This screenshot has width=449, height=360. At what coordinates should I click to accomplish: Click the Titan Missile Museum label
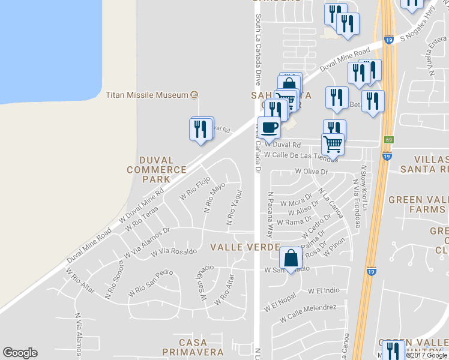pos(147,95)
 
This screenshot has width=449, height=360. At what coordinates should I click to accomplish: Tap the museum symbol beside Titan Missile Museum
pos(194,95)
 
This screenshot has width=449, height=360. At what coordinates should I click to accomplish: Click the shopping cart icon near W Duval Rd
pos(333,143)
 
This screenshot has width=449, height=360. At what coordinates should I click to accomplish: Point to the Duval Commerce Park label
pos(156,170)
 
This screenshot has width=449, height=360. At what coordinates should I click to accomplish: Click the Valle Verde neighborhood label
pos(244,247)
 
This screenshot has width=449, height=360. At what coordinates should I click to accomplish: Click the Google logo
pos(20,353)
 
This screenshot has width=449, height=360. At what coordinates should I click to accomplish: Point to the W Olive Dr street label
pos(313,172)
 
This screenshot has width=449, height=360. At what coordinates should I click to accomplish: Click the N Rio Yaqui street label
pos(234,208)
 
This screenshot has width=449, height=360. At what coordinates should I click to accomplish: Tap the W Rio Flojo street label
pos(195,190)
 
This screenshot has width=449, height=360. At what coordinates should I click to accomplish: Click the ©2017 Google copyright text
pos(427,355)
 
